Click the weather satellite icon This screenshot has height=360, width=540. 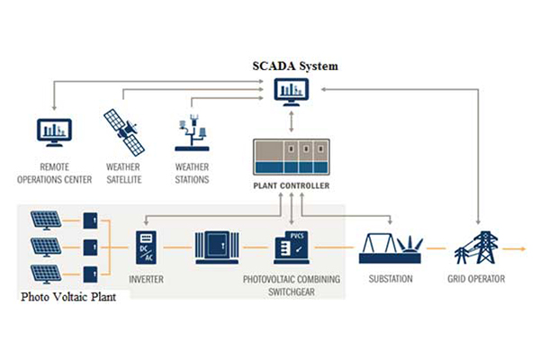click(122, 131)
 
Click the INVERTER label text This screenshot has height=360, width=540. click(146, 279)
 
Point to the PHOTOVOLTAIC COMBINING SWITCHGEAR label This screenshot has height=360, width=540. click(292, 284)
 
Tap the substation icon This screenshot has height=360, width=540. click(391, 246)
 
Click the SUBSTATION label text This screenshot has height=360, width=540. click(391, 279)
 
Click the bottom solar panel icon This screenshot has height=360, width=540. click(46, 274)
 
